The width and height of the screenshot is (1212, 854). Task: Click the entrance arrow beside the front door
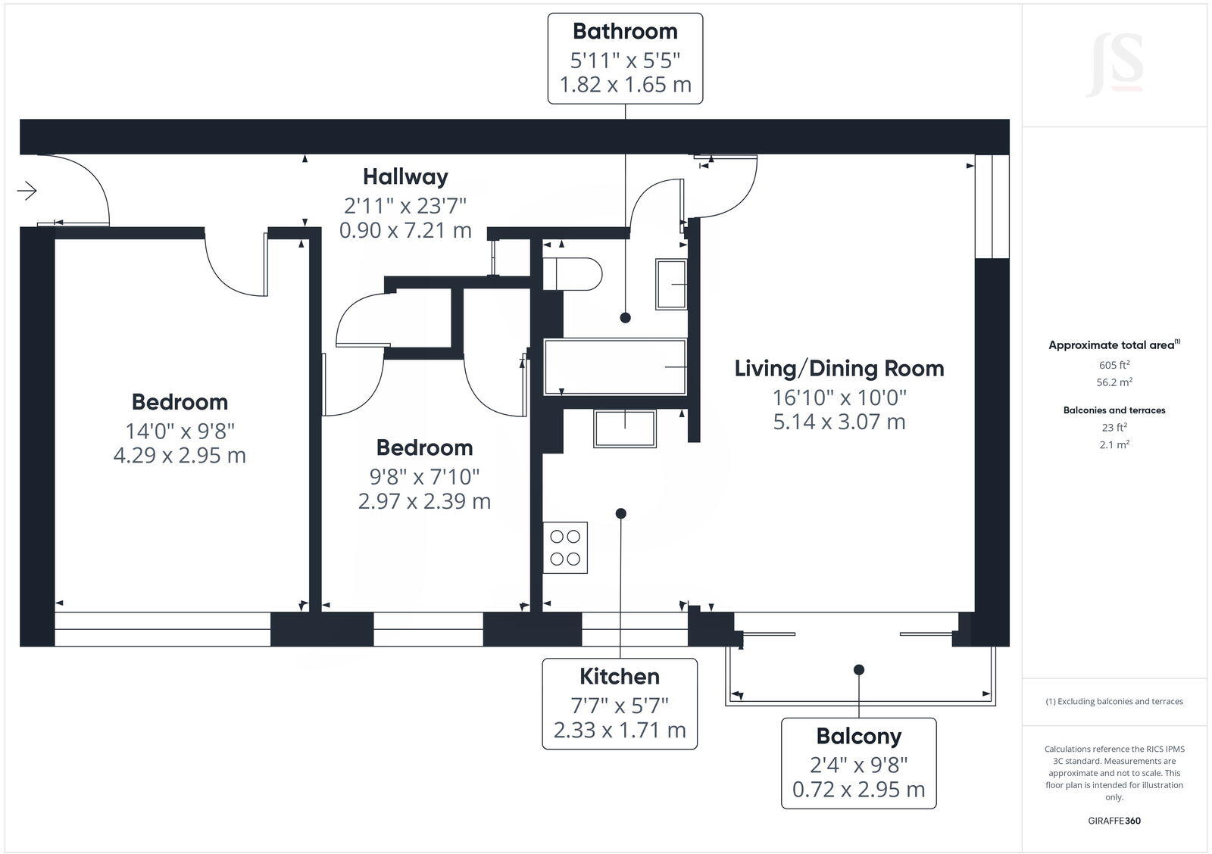(27, 191)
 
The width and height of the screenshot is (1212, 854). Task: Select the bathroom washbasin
(671, 284)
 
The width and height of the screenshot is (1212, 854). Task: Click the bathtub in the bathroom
(615, 366)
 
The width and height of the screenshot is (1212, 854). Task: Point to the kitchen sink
(625, 429)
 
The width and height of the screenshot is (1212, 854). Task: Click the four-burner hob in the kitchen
(565, 547)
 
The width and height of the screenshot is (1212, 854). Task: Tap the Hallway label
(405, 176)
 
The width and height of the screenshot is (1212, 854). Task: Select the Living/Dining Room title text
(839, 369)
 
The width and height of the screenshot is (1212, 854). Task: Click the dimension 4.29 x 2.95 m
(180, 456)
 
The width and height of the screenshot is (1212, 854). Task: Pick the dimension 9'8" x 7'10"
(424, 476)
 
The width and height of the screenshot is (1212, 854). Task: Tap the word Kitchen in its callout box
(620, 676)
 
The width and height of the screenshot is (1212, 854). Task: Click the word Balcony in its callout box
(858, 736)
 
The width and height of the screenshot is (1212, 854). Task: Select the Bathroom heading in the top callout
(625, 31)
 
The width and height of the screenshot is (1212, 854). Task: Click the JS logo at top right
(1114, 64)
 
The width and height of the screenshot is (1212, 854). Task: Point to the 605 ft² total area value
(1114, 364)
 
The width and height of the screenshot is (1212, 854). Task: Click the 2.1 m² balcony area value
(1114, 445)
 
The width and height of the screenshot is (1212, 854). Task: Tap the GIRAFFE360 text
(1114, 821)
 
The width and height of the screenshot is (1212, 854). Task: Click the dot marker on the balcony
(859, 669)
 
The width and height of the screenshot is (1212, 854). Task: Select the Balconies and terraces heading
(1114, 410)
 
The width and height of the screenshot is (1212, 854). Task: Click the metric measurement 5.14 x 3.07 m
(839, 422)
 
